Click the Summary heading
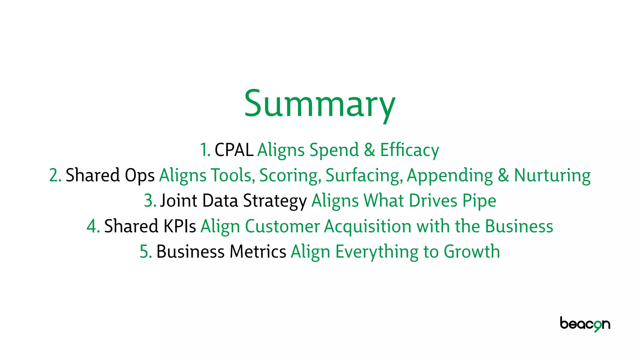(320, 104)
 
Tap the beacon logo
(585, 324)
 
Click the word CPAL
(234, 150)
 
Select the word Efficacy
(409, 150)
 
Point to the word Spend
(334, 150)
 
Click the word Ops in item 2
(140, 176)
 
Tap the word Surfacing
(364, 176)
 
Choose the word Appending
(450, 176)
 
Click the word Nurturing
(552, 175)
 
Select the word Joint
(178, 201)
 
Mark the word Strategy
(275, 201)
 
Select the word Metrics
(258, 252)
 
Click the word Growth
(472, 252)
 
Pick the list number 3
(150, 201)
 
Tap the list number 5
(146, 252)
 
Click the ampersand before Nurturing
(503, 175)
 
